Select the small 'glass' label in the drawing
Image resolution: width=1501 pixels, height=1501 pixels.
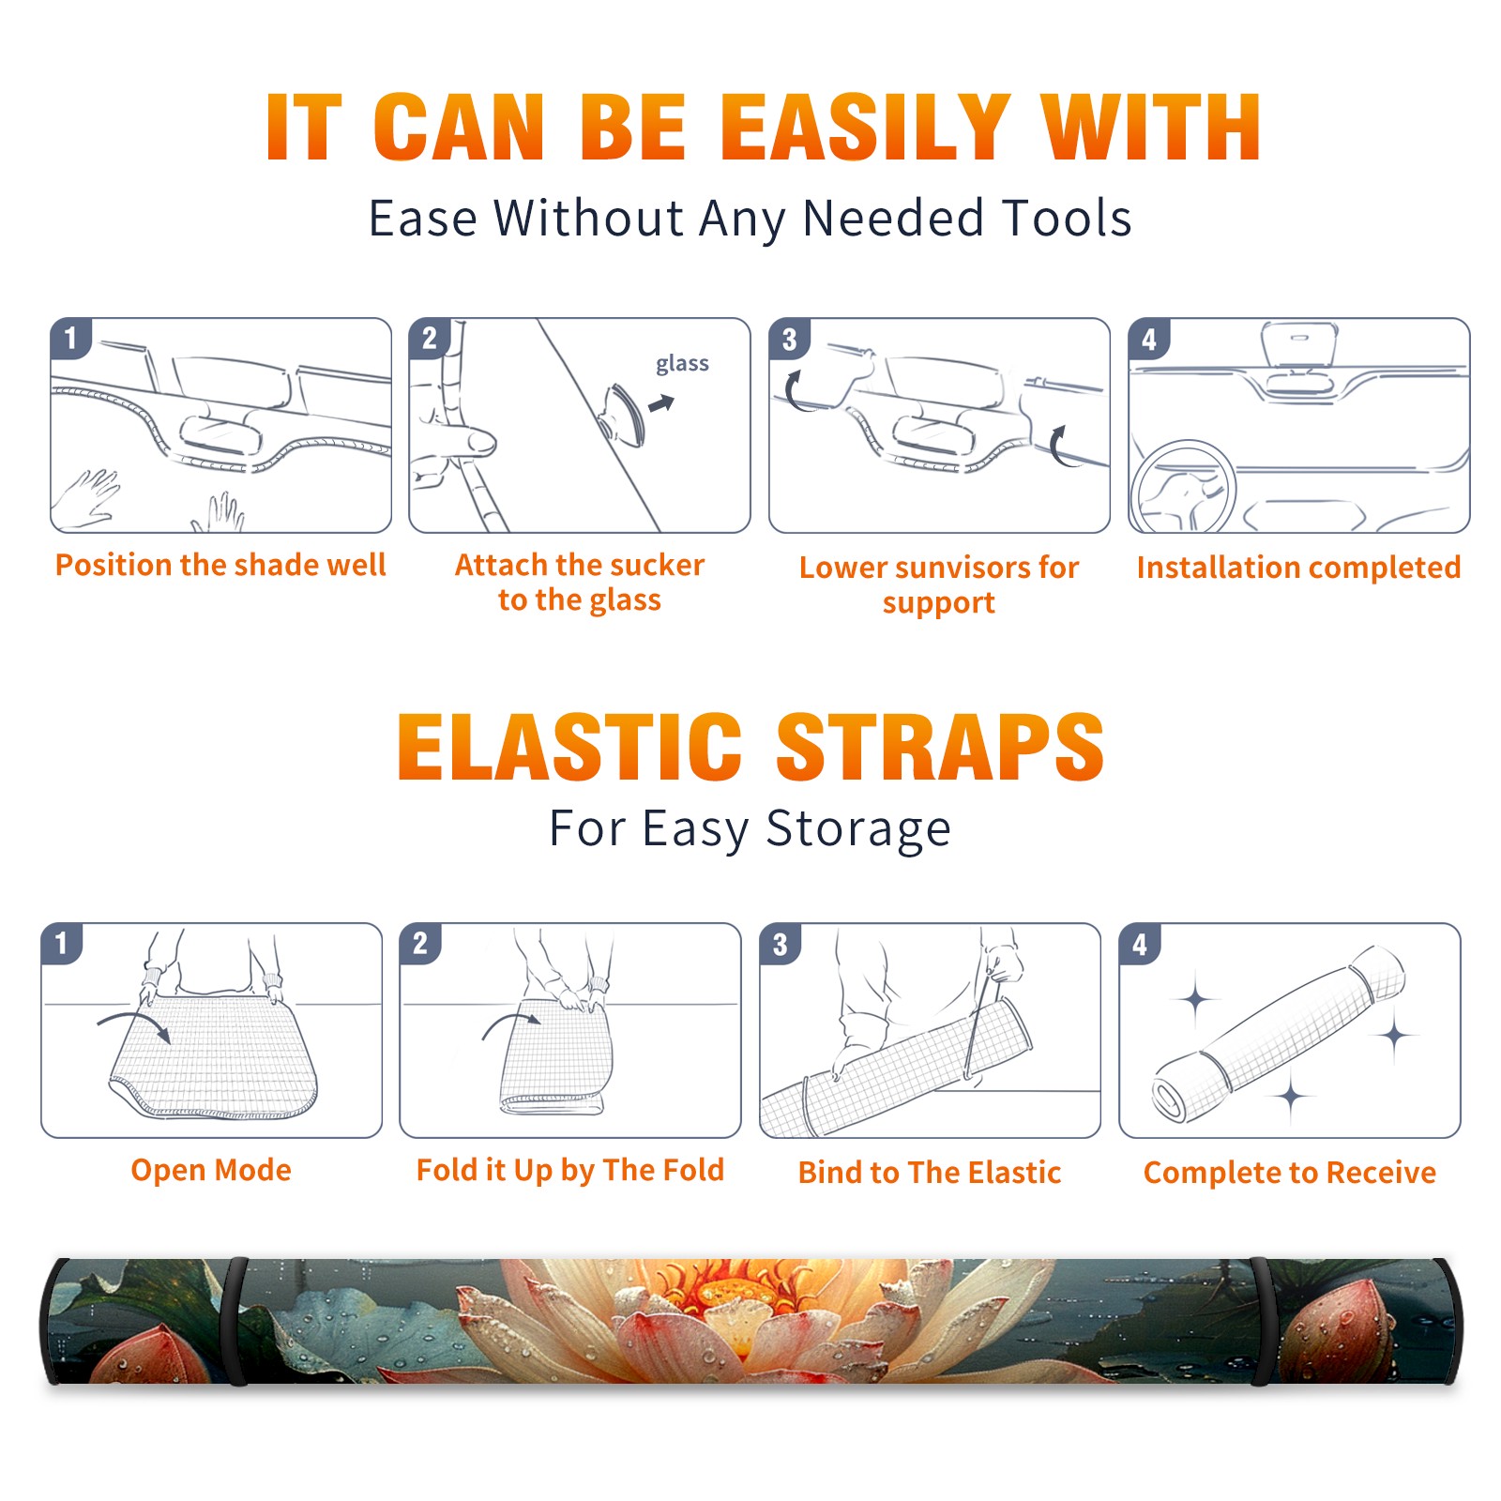(682, 364)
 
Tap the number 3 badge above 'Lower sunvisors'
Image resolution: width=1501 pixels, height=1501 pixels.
(790, 339)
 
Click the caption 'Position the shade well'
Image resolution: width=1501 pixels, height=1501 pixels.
(220, 565)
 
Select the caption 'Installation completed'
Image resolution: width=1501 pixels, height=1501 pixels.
(1298, 568)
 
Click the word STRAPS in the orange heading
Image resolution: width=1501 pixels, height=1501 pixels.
(940, 747)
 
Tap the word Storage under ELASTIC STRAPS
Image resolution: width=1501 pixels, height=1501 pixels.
(858, 829)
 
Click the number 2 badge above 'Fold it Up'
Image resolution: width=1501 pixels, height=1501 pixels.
(420, 943)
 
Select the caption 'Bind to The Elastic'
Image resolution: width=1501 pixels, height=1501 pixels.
(930, 1173)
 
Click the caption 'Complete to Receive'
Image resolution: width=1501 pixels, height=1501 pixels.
(1290, 1173)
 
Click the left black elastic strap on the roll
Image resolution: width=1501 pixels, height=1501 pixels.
(235, 1321)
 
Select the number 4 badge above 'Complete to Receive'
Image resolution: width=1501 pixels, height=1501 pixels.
(1140, 944)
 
